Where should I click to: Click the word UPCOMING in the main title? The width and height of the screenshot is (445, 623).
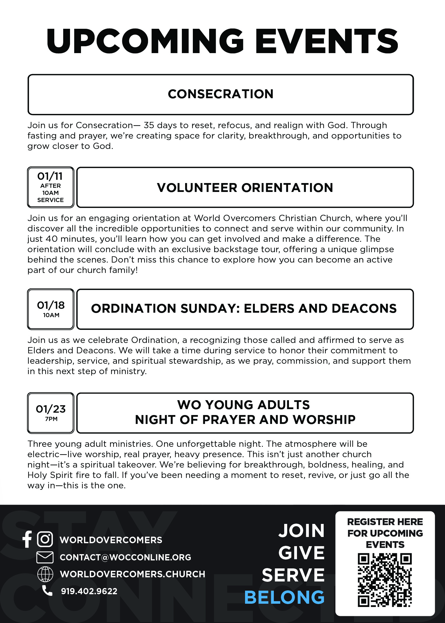point(145,42)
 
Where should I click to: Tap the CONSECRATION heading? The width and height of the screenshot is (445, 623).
point(220,94)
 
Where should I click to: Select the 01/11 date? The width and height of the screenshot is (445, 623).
point(50,176)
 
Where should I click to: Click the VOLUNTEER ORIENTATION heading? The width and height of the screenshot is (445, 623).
point(245,188)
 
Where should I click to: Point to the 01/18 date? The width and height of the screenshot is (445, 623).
point(51,305)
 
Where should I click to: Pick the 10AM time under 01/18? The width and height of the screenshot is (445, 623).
point(51,315)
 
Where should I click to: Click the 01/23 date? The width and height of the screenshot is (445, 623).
point(51,409)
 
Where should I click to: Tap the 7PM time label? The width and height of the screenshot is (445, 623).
point(51,419)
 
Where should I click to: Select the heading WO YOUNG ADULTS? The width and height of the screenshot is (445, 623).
point(244,405)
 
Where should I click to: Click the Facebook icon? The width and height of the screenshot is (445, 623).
point(27,539)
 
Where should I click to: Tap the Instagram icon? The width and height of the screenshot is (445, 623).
point(45,539)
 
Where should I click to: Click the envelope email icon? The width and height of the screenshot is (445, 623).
point(45,557)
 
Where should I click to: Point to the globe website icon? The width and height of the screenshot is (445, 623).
point(45,574)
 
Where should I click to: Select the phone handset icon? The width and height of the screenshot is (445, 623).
point(47,591)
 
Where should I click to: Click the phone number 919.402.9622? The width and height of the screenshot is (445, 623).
point(89,591)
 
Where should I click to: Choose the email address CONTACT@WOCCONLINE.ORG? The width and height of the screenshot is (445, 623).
point(125,557)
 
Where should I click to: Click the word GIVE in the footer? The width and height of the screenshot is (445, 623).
point(301,553)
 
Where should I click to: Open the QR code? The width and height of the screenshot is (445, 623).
point(385,580)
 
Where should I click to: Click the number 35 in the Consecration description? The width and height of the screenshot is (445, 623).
point(149,125)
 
